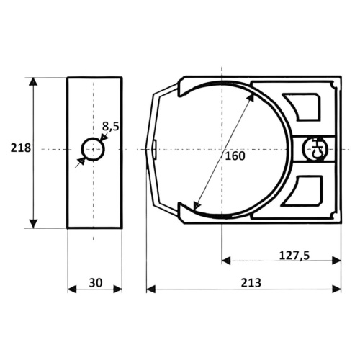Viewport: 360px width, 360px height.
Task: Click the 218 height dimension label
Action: [x=21, y=148]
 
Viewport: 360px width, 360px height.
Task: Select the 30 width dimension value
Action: [x=96, y=283]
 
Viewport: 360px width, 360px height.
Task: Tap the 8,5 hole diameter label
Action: [x=111, y=127]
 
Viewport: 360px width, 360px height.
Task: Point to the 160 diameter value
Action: [x=235, y=156]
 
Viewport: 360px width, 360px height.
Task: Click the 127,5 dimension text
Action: [x=294, y=256]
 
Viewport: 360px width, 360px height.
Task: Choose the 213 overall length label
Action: [x=251, y=283]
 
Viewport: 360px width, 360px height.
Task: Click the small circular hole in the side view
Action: [x=93, y=149]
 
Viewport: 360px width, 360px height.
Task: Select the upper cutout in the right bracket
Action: [x=303, y=107]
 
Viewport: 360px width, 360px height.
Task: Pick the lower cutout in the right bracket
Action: [x=305, y=191]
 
